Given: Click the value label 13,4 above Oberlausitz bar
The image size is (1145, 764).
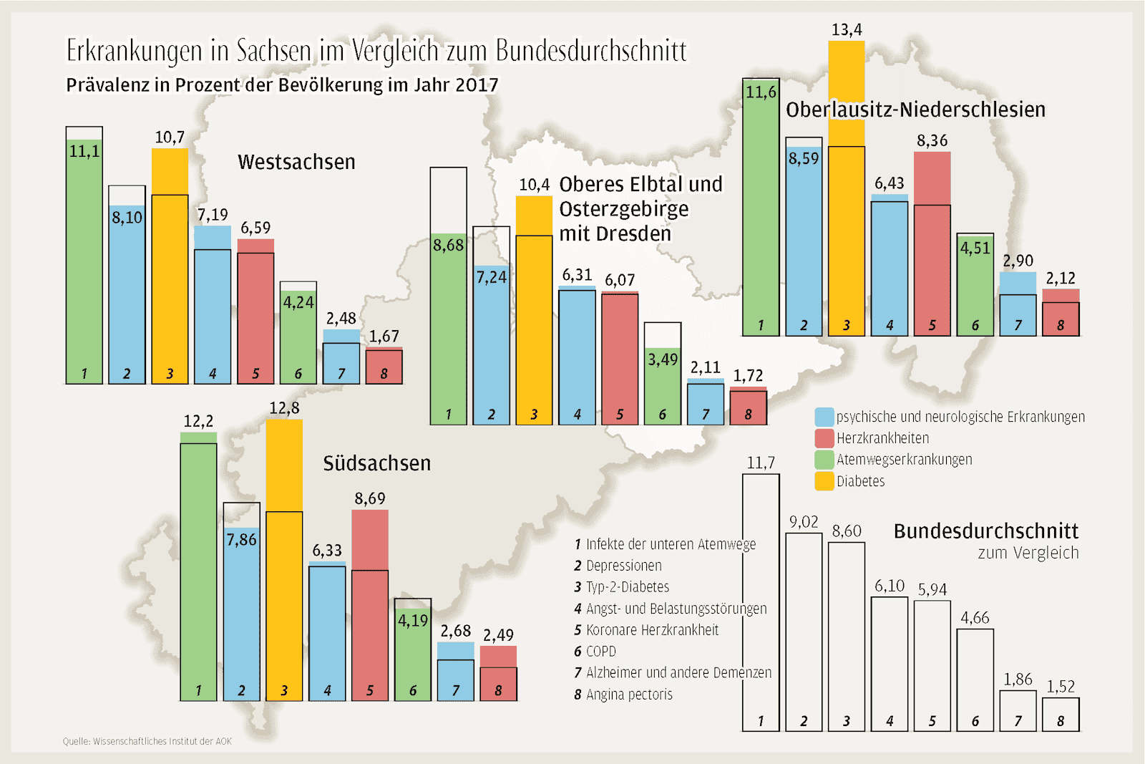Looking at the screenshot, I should [847, 30].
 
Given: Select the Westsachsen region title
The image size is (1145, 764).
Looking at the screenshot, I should [296, 163].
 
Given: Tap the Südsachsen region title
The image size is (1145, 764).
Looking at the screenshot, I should [376, 463].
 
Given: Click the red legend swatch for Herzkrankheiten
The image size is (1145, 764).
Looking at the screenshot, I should [824, 438].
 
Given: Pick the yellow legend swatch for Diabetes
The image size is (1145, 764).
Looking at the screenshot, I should [824, 481].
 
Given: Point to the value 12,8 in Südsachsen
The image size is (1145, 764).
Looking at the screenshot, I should [284, 408].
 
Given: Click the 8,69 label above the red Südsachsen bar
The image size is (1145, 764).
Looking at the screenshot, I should [369, 498].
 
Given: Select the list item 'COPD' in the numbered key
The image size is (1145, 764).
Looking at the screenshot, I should [600, 652].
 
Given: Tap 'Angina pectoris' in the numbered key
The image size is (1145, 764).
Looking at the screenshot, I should [629, 695].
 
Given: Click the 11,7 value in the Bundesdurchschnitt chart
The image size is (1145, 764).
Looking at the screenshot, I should [761, 463].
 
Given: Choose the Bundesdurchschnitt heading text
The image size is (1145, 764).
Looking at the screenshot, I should [985, 531].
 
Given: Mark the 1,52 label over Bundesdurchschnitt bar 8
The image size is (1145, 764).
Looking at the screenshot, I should [1061, 687].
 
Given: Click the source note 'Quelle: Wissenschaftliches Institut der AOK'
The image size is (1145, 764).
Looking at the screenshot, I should [147, 742].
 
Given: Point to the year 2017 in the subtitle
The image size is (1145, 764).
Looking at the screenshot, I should [477, 85].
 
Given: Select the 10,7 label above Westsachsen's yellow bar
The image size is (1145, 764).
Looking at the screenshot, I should [170, 137].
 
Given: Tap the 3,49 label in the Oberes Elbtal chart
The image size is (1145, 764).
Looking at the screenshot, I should [663, 359].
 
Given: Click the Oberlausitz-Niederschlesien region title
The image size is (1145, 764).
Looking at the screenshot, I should [915, 110].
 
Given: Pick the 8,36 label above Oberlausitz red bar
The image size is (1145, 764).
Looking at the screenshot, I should [932, 141].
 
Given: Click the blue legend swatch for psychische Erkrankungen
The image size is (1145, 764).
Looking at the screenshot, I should [824, 417].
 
